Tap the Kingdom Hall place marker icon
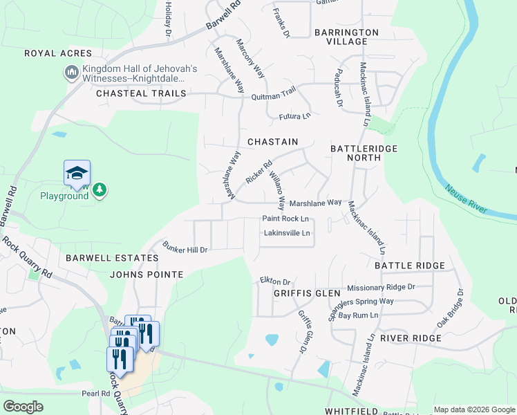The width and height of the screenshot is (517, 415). click(x=72, y=72)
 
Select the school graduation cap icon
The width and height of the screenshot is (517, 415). click(x=77, y=173)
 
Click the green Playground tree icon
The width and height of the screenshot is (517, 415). click(x=100, y=189)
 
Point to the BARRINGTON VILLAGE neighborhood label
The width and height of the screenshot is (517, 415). click(x=346, y=37)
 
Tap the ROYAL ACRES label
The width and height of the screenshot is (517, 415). click(x=58, y=53)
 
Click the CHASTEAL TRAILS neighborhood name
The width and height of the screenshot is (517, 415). click(x=141, y=93)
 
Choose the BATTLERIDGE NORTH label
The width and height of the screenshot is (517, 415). click(x=355, y=153)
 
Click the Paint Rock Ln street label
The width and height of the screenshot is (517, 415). click(x=285, y=219)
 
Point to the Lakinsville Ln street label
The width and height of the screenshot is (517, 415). click(x=287, y=233)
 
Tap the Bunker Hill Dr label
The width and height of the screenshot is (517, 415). click(x=185, y=247)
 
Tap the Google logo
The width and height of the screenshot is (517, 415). click(x=23, y=407)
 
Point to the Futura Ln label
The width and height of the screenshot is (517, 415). click(x=293, y=117)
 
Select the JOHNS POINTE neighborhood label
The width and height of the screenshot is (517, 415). click(x=147, y=275)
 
